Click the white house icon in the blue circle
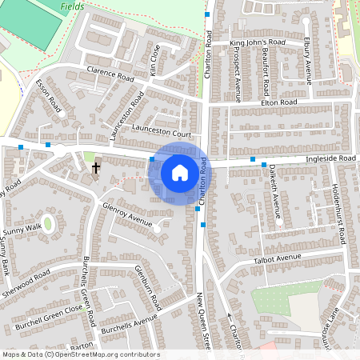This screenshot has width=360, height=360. (x=180, y=172)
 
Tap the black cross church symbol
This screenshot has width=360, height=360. (x=96, y=168)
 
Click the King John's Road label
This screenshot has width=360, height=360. (x=257, y=42)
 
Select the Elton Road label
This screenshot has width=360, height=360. (x=278, y=103)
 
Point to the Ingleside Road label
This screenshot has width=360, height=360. (x=330, y=159)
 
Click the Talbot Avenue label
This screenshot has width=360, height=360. (x=276, y=258)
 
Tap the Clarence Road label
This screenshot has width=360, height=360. (x=110, y=76)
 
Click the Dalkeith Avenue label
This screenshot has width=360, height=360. (x=274, y=191)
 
